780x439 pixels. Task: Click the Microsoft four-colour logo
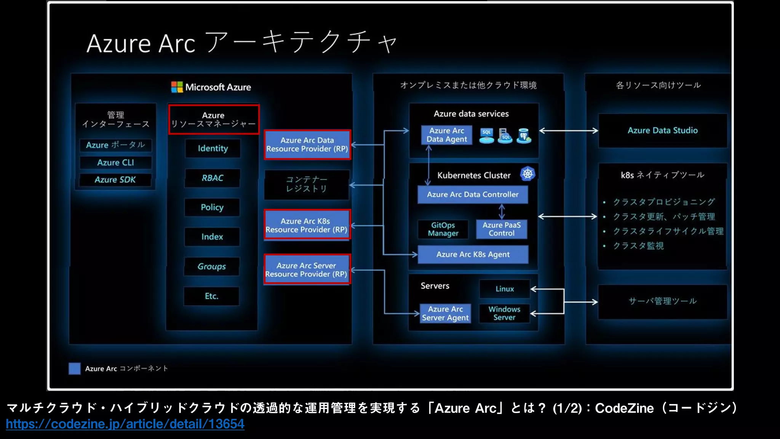click(x=177, y=87)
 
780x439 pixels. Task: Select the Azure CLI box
click(x=115, y=163)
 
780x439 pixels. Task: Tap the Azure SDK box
click(x=115, y=180)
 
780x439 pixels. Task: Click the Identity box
click(x=213, y=149)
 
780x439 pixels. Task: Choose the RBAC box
click(x=212, y=178)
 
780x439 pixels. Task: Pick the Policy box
click(x=212, y=207)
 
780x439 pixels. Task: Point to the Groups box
click(x=212, y=266)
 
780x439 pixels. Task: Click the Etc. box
click(x=211, y=296)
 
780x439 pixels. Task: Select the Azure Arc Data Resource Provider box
click(x=307, y=145)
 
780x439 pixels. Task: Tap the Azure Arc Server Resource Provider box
click(x=307, y=270)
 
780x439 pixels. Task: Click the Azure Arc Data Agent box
click(x=446, y=135)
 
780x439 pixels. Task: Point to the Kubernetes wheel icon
click(x=527, y=174)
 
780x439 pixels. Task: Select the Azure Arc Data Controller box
click(x=473, y=194)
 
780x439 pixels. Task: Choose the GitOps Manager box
click(x=443, y=229)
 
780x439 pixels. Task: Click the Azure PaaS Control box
click(x=502, y=229)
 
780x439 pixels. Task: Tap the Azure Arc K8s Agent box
click(x=473, y=255)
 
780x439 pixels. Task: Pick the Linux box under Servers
click(x=505, y=289)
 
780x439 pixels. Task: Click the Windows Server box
click(x=504, y=313)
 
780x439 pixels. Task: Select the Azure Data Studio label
click(x=663, y=130)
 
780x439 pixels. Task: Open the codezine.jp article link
click(x=125, y=424)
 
